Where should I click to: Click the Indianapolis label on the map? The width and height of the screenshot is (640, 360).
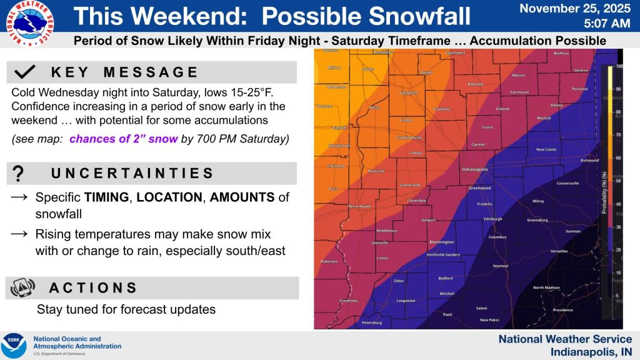pos(474,169)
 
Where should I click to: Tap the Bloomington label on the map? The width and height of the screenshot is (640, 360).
pos(441,242)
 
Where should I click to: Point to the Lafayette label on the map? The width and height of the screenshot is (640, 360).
pos(407,94)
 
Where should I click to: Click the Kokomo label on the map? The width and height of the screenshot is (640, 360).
pos(476,84)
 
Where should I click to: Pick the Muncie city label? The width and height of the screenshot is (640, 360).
pos(544,117)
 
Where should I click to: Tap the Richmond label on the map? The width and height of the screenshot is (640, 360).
pos(589,160)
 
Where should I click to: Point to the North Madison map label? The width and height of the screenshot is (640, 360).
pos(546,287)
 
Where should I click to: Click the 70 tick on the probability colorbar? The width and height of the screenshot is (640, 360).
pos(617,134)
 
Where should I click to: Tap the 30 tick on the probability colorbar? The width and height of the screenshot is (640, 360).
pos(617,227)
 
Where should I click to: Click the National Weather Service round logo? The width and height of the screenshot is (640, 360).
pos(29,24)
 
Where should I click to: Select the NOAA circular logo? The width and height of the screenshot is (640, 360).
pos(14,346)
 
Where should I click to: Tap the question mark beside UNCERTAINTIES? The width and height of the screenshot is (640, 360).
pos(18,173)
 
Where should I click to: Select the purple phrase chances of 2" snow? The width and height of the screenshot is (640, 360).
pos(124,139)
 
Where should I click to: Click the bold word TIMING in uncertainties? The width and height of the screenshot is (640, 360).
pos(106,197)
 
